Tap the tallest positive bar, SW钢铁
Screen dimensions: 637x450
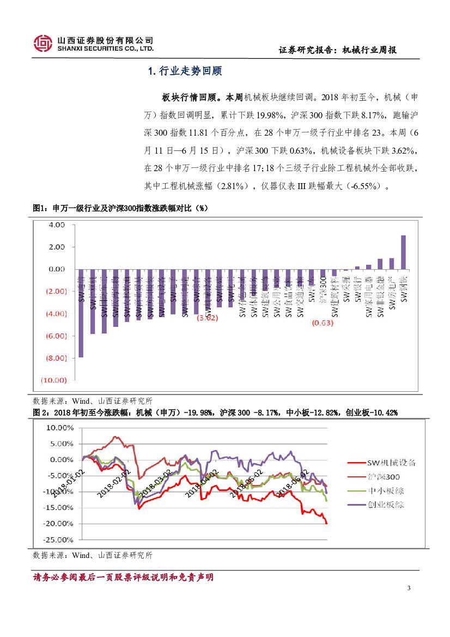(403, 252)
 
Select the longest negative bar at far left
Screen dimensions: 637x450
(81, 313)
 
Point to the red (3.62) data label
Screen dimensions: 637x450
(207, 318)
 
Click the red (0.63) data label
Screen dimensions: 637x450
(322, 323)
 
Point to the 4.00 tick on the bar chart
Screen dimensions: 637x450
(56, 225)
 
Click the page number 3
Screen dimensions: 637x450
(409, 589)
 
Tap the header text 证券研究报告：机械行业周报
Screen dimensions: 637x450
(337, 50)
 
